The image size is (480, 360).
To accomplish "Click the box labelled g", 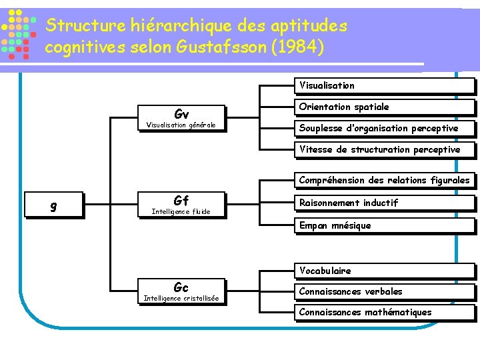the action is point(53,206).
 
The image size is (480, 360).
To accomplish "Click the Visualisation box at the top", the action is point(385,85).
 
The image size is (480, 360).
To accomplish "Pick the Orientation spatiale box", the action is point(385,107).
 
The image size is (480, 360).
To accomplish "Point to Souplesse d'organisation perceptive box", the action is point(385,128).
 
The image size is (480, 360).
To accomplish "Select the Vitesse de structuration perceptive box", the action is point(385,149).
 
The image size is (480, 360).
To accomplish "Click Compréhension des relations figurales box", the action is point(385,180).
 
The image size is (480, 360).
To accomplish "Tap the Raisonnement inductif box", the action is point(385,203).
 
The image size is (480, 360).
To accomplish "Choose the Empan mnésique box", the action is point(385,225).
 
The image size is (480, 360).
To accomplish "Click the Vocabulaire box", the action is point(385,271).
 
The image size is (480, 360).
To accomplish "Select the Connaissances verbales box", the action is point(385,291).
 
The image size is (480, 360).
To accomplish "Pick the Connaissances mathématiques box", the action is point(385,312).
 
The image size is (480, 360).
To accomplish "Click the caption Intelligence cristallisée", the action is point(181,298).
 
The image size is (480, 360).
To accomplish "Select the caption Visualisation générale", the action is point(181,125).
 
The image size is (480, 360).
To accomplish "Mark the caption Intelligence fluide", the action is point(181,211).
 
